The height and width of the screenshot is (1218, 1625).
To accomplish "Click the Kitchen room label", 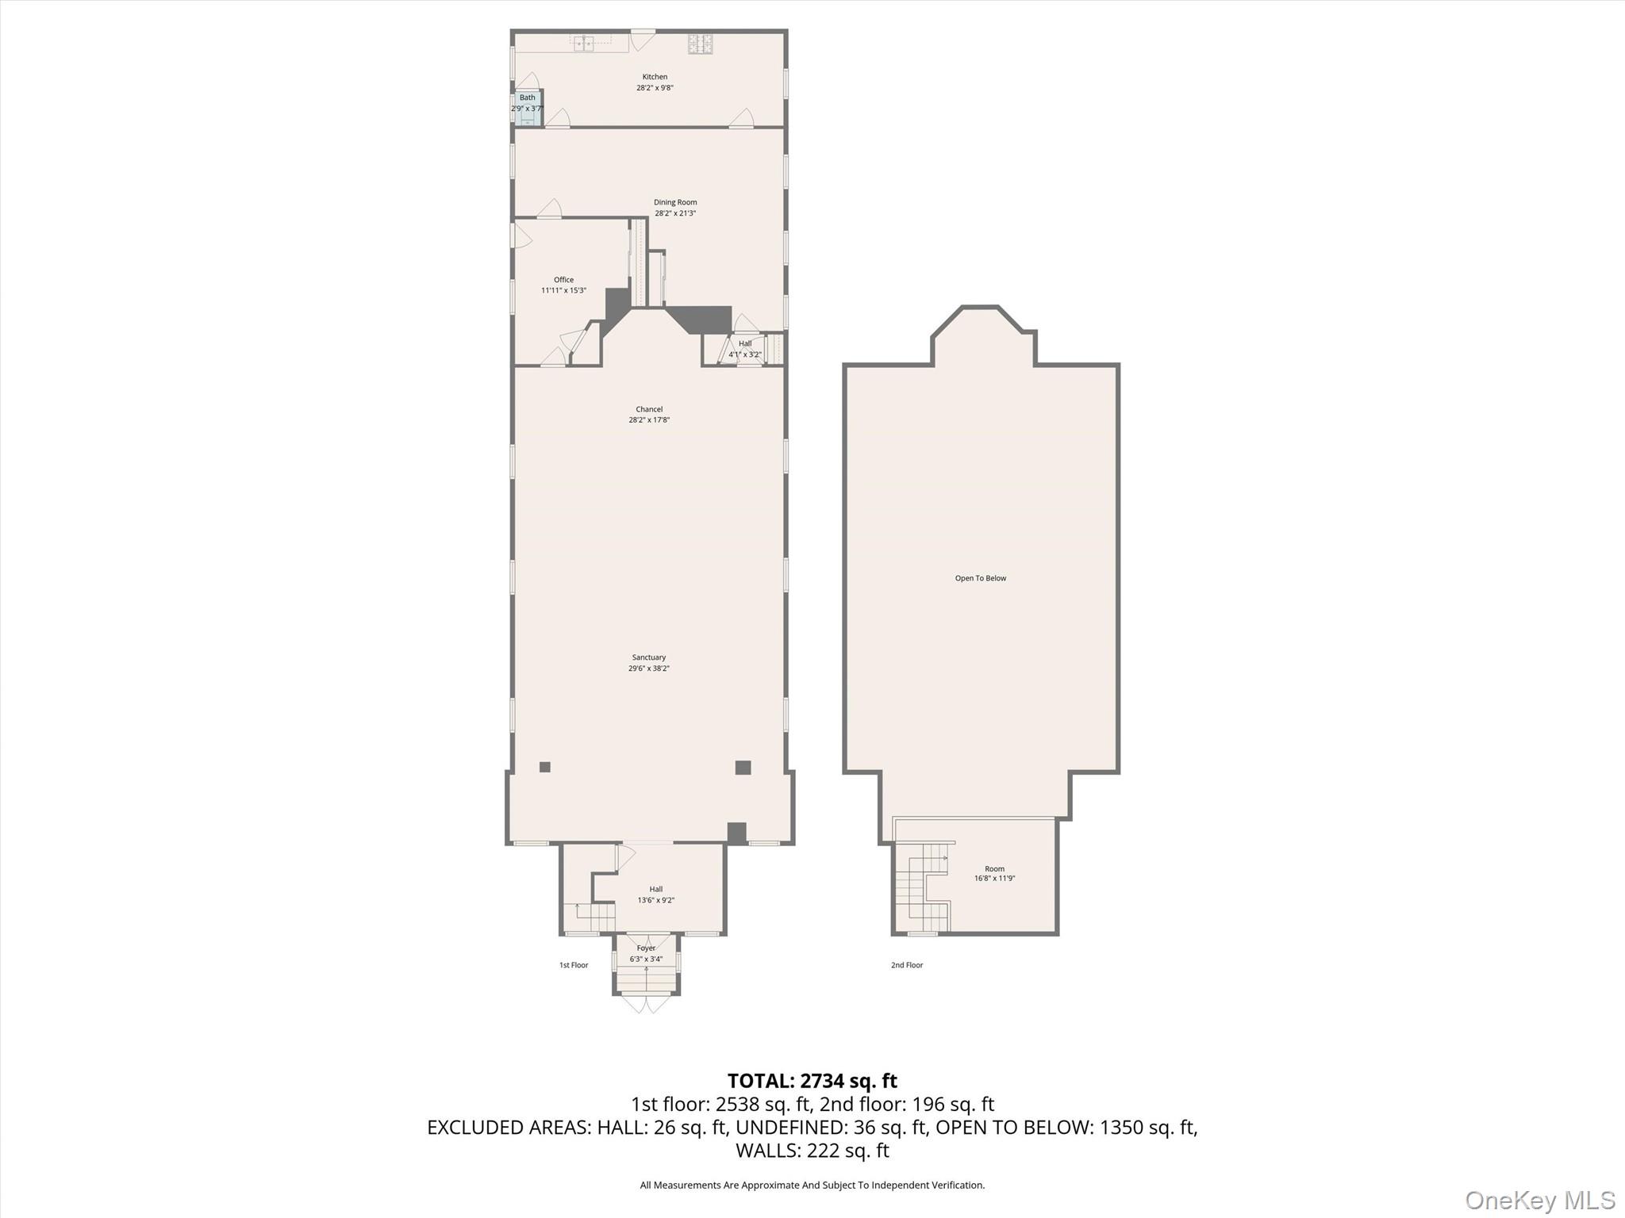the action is click(x=655, y=77).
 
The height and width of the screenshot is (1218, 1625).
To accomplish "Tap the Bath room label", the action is click(x=528, y=98).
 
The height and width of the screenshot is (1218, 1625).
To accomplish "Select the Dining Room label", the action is click(x=675, y=202).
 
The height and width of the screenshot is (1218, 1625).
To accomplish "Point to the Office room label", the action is click(x=563, y=280).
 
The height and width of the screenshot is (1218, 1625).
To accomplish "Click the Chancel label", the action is click(x=649, y=409).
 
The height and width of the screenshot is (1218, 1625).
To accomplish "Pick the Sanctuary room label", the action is click(x=649, y=657).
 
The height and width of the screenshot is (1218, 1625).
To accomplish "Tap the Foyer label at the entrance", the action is click(x=646, y=948).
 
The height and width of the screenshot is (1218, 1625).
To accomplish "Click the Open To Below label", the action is click(x=981, y=578).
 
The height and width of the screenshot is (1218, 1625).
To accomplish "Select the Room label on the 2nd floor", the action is click(x=994, y=868).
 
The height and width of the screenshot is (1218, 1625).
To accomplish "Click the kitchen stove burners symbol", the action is click(x=700, y=44).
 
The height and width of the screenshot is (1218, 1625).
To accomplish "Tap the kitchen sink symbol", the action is click(x=585, y=44).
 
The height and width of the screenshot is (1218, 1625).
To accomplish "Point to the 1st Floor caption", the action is click(x=574, y=965).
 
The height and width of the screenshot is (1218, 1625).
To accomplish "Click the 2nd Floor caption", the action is click(x=907, y=965).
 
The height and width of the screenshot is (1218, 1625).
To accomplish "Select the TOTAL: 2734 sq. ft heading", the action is click(x=812, y=1081).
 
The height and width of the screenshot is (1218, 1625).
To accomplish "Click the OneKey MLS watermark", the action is click(x=1540, y=1200).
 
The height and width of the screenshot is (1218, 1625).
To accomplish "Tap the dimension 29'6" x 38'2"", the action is click(x=649, y=668).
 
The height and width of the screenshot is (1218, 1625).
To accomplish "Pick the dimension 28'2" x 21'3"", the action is click(x=675, y=213).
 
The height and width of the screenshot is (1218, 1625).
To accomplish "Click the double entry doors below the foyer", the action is click(x=646, y=1004).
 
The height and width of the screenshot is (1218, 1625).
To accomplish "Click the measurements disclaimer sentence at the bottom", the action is click(x=812, y=1185).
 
